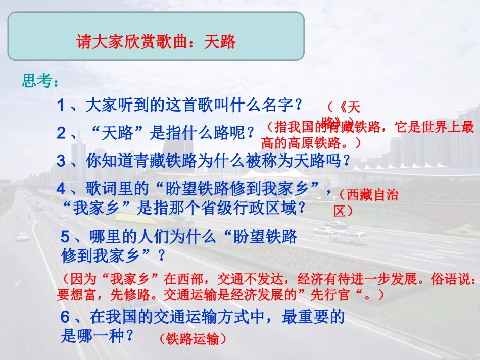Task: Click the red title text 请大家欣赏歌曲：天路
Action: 156,41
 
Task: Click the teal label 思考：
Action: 43,81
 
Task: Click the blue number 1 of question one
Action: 61,106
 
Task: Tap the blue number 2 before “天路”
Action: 61,133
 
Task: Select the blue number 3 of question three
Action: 61,161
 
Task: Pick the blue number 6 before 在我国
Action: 65,317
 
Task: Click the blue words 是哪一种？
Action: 98,336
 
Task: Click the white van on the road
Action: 349,237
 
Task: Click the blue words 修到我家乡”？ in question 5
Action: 113,255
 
